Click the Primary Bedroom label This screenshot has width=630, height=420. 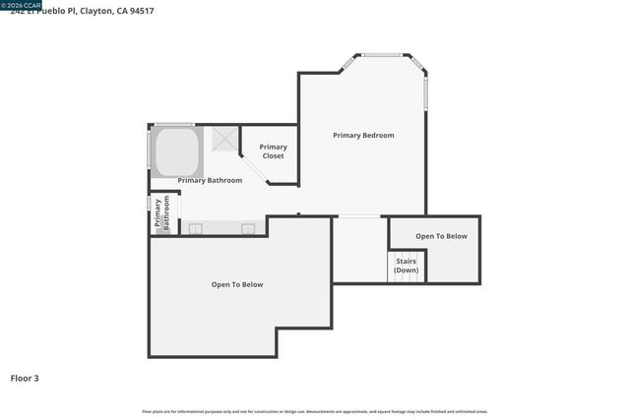pyautogui.click(x=363, y=135)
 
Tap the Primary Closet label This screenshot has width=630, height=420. pyautogui.click(x=273, y=151)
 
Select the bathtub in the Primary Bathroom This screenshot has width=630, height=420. pyautogui.click(x=177, y=152)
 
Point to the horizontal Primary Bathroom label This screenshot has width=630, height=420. pyautogui.click(x=210, y=181)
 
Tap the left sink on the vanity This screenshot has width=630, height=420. pyautogui.click(x=195, y=230)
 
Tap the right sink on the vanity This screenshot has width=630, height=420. pyautogui.click(x=248, y=230)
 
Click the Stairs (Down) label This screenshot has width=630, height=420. pyautogui.click(x=406, y=266)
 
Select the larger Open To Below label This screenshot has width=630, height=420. pyautogui.click(x=237, y=284)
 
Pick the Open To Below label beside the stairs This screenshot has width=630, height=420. pyautogui.click(x=441, y=236)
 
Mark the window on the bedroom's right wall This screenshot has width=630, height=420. pyautogui.click(x=426, y=92)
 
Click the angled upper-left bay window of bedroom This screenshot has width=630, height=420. pyautogui.click(x=348, y=63)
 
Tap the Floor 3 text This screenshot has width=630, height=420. pyautogui.click(x=25, y=378)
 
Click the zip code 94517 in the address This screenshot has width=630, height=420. pyautogui.click(x=139, y=11)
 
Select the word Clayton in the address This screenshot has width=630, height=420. pyautogui.click(x=94, y=11)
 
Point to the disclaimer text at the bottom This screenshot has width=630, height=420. pyautogui.click(x=315, y=411)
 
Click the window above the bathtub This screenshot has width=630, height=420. pyautogui.click(x=175, y=124)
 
